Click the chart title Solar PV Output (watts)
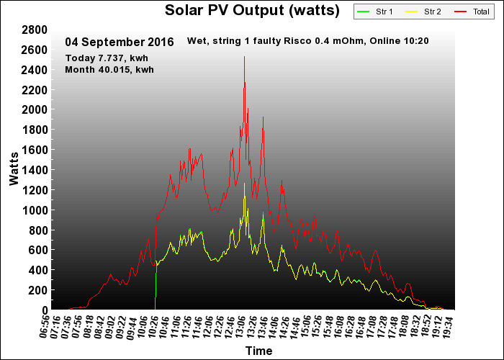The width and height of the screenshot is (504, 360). coord(252,10)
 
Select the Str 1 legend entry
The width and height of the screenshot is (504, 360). coord(375,12)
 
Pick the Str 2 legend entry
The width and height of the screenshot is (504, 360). coord(423,12)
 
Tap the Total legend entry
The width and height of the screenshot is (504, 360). coord(472,12)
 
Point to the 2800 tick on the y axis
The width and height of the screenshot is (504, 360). coord(35,30)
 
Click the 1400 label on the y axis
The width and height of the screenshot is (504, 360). coord(35,170)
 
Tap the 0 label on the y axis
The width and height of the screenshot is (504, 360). coord(45,310)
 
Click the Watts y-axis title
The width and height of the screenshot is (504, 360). coord(14,168)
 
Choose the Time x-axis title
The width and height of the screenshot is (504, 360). coord(258,351)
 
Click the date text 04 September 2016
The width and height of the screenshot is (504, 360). coord(120,42)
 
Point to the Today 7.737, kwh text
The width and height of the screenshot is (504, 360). coord(107,58)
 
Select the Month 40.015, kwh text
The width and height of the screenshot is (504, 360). coord(109,69)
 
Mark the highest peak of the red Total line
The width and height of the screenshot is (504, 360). coord(245,57)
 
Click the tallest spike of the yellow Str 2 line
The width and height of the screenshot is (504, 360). coord(245,183)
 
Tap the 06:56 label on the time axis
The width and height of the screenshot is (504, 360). coord(45,327)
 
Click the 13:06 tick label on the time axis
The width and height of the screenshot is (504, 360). coord(241,327)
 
